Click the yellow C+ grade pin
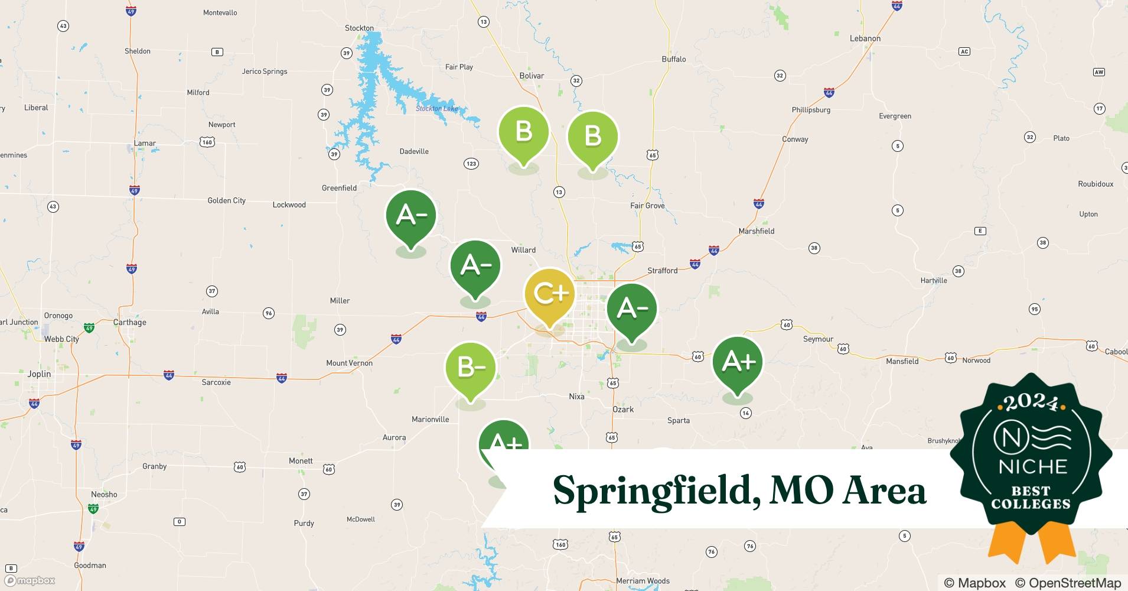(x=549, y=294)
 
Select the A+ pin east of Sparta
(x=737, y=361)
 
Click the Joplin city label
(x=39, y=374)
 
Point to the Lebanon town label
(x=865, y=38)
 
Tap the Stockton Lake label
(x=436, y=108)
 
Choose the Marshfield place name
(x=756, y=231)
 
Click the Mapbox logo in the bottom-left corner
(x=30, y=580)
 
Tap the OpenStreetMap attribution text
(x=1068, y=583)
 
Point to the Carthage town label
(x=129, y=322)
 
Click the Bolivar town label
(x=532, y=76)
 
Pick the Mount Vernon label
(x=349, y=363)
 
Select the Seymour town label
(x=818, y=339)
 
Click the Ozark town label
(x=622, y=409)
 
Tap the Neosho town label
(x=104, y=494)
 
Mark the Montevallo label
(x=220, y=12)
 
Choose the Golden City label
(x=226, y=200)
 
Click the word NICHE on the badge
(x=1032, y=466)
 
